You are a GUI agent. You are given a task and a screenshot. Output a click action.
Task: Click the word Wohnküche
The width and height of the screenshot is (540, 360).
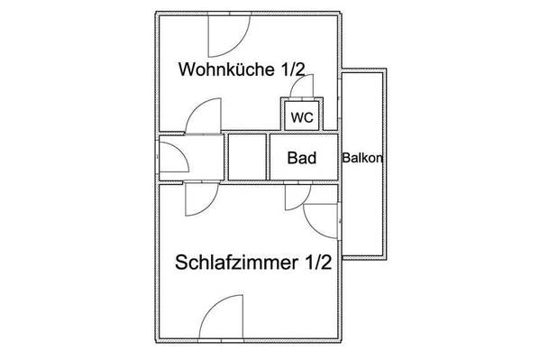tap(226, 69)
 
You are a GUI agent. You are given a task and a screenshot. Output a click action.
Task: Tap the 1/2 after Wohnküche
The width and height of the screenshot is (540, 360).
tap(293, 69)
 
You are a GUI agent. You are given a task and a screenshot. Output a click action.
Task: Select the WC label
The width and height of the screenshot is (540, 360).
tap(302, 117)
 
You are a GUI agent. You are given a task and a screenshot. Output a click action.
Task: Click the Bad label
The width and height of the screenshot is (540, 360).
tap(302, 158)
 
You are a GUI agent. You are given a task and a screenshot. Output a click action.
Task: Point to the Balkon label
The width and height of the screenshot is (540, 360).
tap(362, 158)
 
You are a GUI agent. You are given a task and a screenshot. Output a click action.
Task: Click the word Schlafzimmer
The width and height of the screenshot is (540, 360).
tap(236, 262)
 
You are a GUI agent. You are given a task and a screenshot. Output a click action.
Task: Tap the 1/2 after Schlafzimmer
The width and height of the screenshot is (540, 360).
tap(318, 262)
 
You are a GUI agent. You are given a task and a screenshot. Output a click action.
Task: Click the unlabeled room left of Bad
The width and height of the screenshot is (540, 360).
tap(247, 157)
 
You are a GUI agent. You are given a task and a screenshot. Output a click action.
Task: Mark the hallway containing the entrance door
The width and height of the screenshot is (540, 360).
tap(191, 157)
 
